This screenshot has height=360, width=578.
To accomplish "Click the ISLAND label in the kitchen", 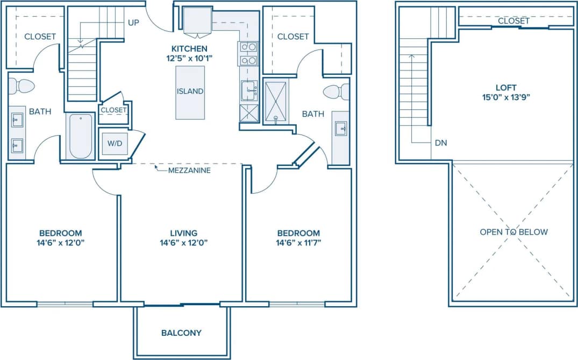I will point(190,91).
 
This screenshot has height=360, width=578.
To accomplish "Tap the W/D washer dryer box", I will point(115,144).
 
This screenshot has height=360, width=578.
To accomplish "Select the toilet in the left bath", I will point(22,86).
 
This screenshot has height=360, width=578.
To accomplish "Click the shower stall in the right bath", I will point(276,101).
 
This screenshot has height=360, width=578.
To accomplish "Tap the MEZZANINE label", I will point(189,171).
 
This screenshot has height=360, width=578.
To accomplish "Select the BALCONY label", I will point(181,333).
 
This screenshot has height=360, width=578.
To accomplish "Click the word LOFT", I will point(506,87).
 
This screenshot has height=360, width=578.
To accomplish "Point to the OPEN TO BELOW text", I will point(513,232).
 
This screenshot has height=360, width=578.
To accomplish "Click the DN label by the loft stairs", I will point(441,143).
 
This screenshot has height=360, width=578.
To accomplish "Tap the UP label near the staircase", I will point(134,23).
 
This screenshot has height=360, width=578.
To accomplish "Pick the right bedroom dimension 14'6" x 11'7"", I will point(298,243).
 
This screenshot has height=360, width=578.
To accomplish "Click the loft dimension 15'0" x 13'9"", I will point(506,97).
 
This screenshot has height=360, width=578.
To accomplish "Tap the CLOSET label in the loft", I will point(513,21).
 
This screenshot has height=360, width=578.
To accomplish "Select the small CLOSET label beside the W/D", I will point(113,110).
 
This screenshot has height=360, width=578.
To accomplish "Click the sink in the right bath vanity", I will point(340,129).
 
